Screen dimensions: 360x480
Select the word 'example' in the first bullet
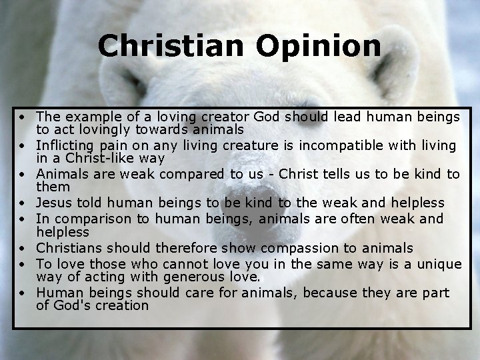(87, 117)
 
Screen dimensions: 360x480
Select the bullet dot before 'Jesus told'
(23, 203)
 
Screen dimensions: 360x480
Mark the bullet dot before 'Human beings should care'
(23, 293)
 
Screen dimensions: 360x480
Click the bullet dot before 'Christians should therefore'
(23, 249)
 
